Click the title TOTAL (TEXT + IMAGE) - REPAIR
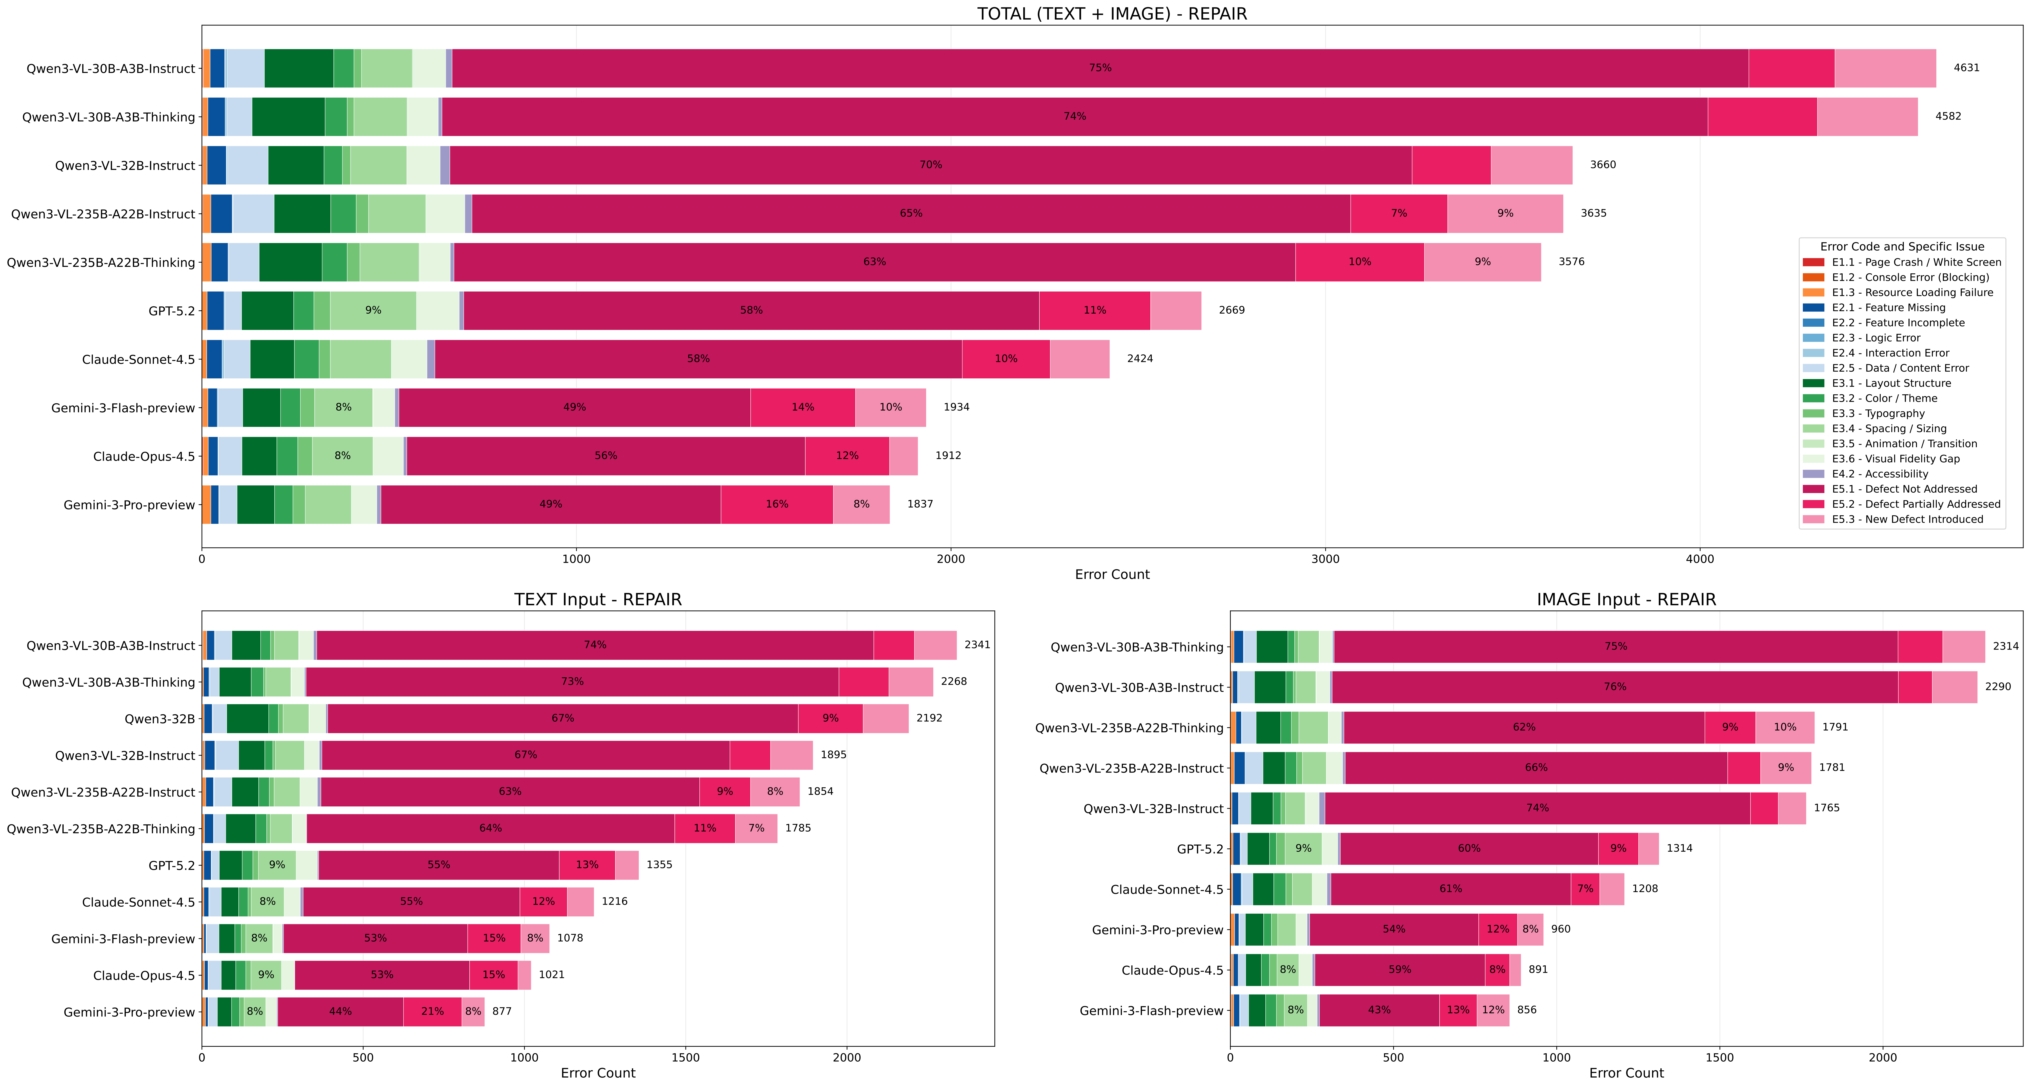coord(1112,14)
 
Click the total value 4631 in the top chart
coord(1966,68)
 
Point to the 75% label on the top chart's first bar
coord(1100,68)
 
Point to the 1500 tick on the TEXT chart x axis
coord(686,1057)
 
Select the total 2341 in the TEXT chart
coord(976,645)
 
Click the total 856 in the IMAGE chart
coord(1526,1010)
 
